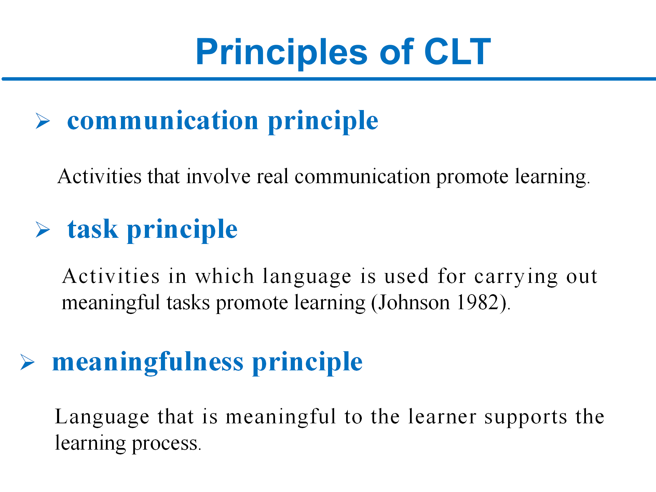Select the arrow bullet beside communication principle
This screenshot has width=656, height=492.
tap(43, 121)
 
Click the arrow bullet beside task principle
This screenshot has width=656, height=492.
tap(43, 229)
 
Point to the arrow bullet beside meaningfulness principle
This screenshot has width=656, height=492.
tap(27, 362)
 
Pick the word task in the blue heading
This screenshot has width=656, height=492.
tap(93, 229)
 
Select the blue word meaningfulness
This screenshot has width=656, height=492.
tap(148, 362)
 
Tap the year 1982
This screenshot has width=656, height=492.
tap(478, 302)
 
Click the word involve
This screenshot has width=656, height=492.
tap(218, 177)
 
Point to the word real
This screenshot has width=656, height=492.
tap(273, 177)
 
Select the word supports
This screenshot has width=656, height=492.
tap(526, 418)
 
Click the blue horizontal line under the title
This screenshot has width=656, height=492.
tap(329, 79)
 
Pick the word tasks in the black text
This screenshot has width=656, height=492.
tap(188, 303)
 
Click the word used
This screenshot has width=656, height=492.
tap(406, 276)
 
